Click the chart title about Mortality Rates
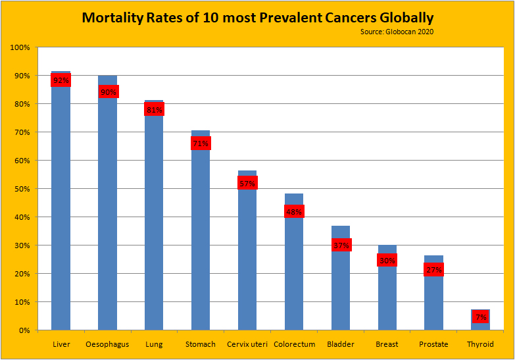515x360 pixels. click(257, 17)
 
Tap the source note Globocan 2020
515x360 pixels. click(397, 32)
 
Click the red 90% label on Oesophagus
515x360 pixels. click(108, 92)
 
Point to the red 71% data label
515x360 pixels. click(201, 143)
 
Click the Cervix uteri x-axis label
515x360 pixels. click(247, 344)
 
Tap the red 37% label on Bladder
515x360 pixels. click(341, 245)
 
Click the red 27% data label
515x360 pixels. click(433, 270)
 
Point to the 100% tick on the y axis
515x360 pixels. click(20, 48)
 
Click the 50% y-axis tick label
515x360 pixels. click(21, 189)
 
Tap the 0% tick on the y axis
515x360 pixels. click(24, 330)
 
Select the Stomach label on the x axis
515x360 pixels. click(201, 344)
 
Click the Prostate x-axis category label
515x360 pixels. click(433, 344)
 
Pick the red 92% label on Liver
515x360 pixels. click(61, 80)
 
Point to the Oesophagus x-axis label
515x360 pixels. click(107, 344)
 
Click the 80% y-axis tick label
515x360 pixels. click(21, 104)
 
